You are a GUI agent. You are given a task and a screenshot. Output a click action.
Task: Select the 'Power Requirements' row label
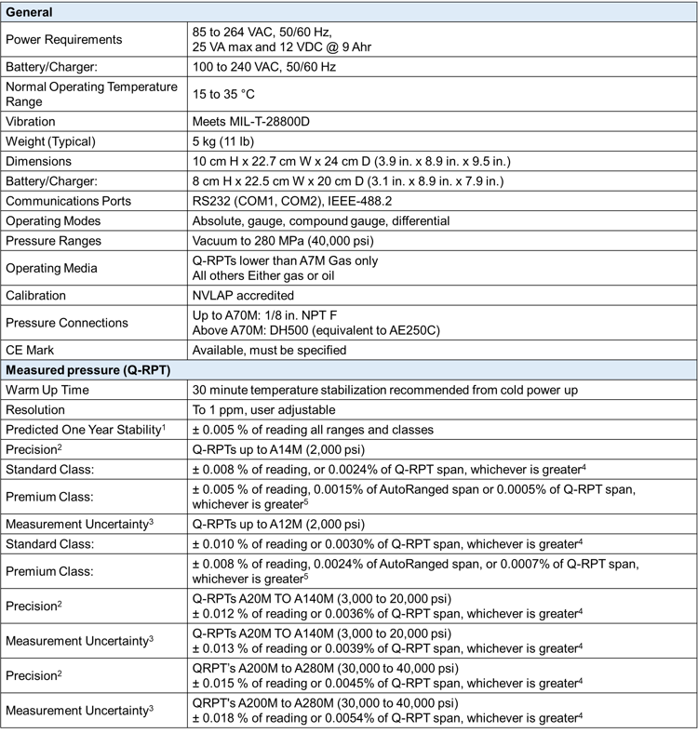(x=63, y=40)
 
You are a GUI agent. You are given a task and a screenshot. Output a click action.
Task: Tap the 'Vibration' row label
(x=31, y=122)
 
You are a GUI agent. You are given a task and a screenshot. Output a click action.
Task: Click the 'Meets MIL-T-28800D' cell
(x=257, y=122)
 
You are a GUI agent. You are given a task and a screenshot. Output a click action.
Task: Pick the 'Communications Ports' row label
(x=68, y=201)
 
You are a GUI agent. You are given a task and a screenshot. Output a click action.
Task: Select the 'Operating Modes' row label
(x=53, y=221)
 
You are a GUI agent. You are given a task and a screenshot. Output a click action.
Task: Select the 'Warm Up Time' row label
(x=47, y=390)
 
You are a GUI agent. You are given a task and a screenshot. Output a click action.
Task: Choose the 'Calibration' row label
(x=36, y=296)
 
